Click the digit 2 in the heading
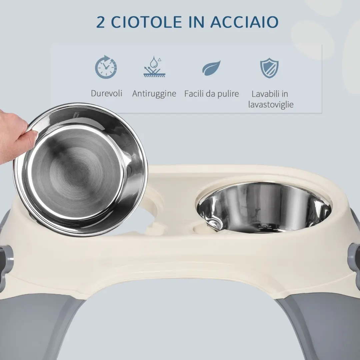[101, 22]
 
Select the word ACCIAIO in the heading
[244, 22]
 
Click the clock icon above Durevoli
[106, 67]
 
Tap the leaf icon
[211, 68]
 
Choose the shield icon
[269, 68]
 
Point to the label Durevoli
[107, 93]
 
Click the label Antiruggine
[154, 94]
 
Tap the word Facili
[194, 94]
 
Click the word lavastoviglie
[271, 105]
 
